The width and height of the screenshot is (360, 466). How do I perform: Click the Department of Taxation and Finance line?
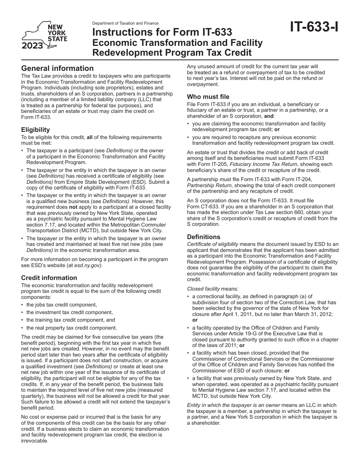pyautogui.click(x=125, y=23)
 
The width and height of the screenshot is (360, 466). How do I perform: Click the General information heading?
pyautogui.click(x=57, y=68)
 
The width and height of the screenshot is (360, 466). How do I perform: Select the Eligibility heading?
pyautogui.click(x=35, y=130)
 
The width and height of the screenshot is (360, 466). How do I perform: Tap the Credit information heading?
pyautogui.click(x=49, y=278)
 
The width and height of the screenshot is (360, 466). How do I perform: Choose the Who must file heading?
pyautogui.click(x=208, y=97)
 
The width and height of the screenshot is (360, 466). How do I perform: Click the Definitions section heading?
pyautogui.click(x=203, y=237)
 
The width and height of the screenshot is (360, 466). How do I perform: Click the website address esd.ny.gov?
pyautogui.click(x=88, y=265)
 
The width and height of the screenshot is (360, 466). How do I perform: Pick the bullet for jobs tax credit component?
pyautogui.click(x=61, y=305)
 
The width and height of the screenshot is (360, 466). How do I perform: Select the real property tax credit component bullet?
pyautogui.click(x=72, y=328)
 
